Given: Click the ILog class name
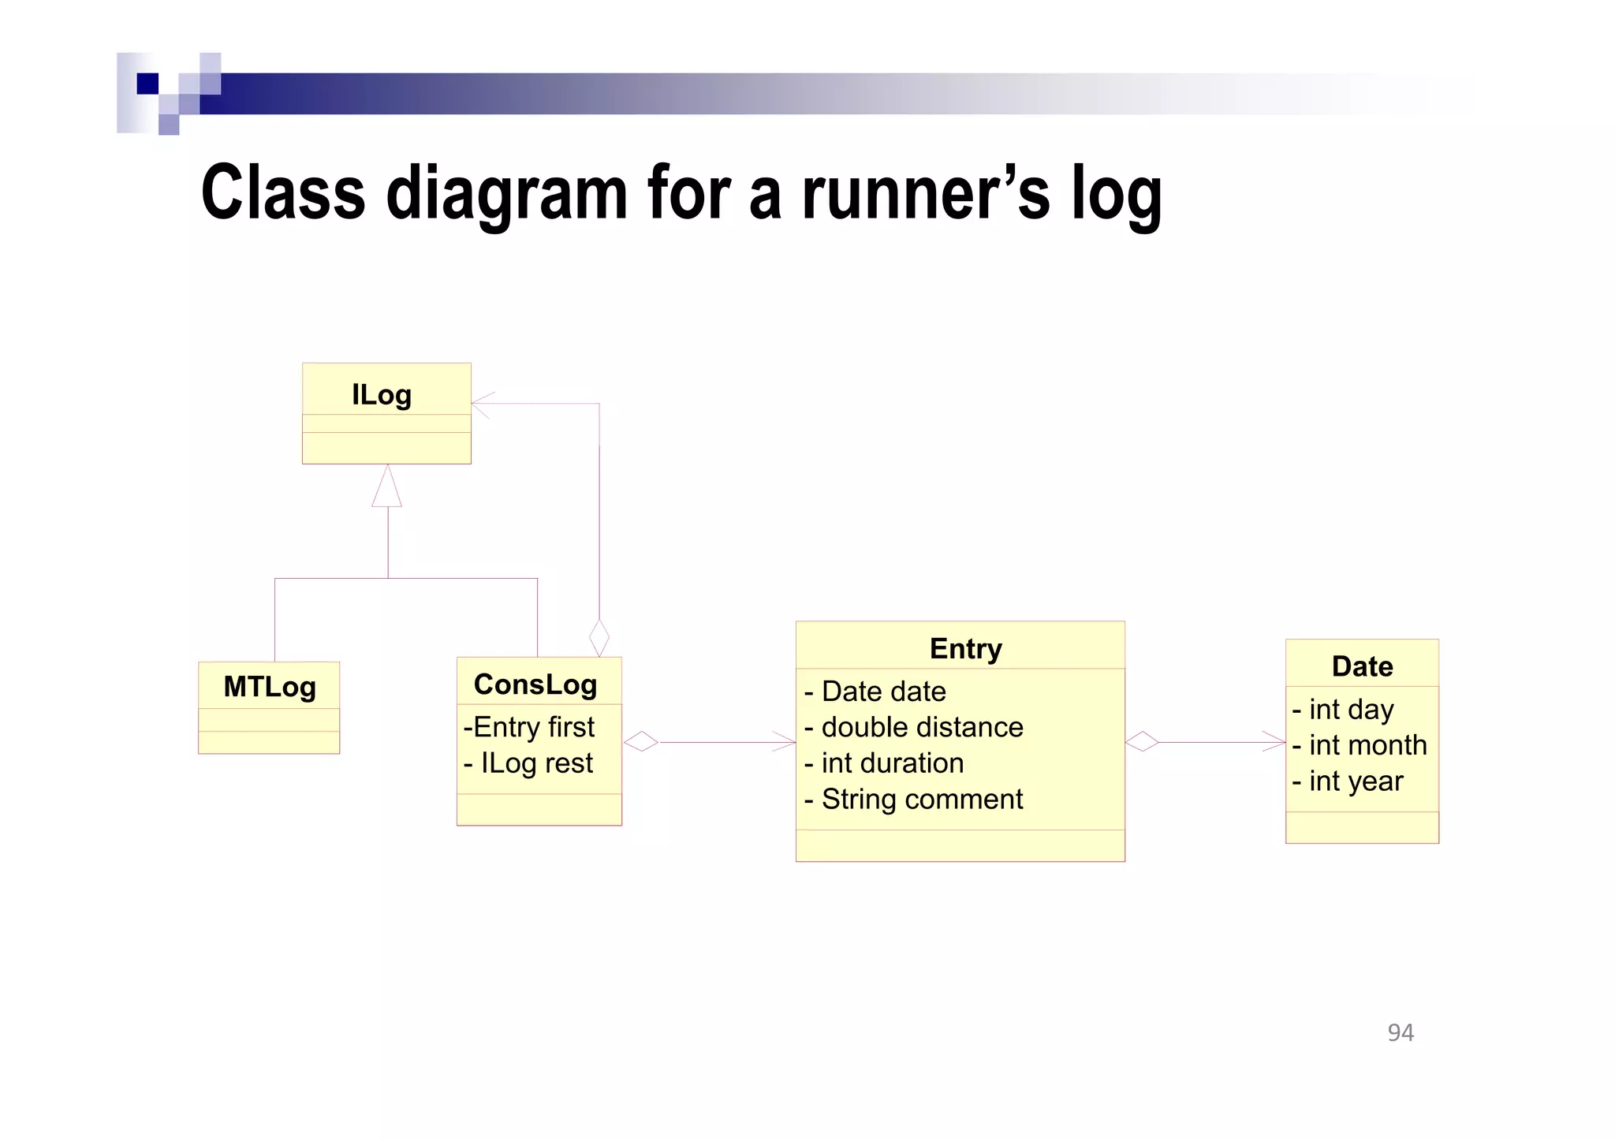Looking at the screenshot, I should click(382, 395).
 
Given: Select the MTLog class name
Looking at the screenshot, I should click(270, 687).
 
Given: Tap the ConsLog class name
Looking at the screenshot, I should click(535, 684).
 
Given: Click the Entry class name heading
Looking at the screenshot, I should click(965, 649).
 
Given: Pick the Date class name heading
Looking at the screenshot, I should click(1362, 667).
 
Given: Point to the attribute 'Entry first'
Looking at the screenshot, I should click(530, 727).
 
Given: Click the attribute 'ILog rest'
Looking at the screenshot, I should click(529, 763).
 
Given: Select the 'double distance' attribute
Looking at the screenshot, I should click(914, 727).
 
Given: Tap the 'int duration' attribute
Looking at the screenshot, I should click(884, 763).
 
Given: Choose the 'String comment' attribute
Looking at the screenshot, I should click(913, 800).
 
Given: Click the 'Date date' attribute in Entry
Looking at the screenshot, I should click(875, 692).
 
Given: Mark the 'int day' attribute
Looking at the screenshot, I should click(1343, 710).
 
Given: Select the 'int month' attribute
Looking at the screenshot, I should click(1360, 745).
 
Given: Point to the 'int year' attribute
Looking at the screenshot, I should click(1348, 781).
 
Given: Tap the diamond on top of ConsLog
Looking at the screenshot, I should click(599, 638).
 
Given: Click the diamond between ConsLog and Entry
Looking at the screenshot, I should click(641, 742).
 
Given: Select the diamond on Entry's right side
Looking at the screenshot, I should click(1142, 742).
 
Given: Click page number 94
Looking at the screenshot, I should click(1401, 1033).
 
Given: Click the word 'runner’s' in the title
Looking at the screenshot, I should click(926, 194).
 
